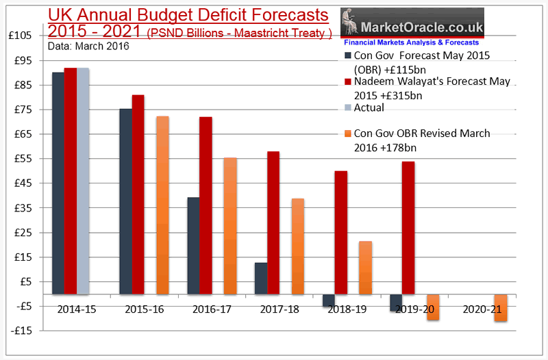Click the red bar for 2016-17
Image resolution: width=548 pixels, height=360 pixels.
tap(206, 205)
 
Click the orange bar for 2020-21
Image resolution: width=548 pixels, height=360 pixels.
tap(500, 307)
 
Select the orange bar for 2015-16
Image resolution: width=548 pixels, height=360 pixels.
tap(163, 205)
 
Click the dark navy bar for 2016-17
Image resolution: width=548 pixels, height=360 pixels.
tap(193, 246)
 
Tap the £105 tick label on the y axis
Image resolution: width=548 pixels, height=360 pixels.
tap(24, 36)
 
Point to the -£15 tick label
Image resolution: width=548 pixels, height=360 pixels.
tap(25, 331)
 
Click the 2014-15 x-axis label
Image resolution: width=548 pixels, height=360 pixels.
tap(77, 310)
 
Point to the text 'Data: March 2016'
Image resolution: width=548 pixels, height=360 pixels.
tap(88, 46)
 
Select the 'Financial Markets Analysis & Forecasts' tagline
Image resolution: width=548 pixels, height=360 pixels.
tap(410, 42)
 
